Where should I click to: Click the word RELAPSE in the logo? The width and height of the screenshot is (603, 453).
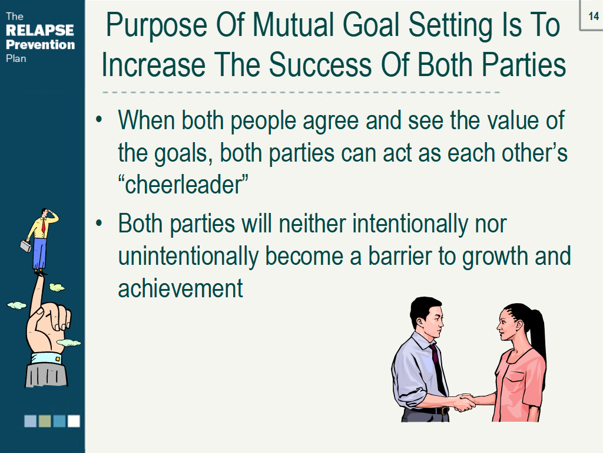[40, 30]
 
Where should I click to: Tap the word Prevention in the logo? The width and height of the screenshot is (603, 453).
[41, 45]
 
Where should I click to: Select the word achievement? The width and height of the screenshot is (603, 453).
[180, 289]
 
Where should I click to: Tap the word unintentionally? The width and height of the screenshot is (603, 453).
[188, 257]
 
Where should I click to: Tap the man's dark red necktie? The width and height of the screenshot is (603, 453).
[438, 369]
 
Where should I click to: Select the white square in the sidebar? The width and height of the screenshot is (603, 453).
[74, 421]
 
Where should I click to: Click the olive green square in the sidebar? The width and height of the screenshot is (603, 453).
[45, 421]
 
